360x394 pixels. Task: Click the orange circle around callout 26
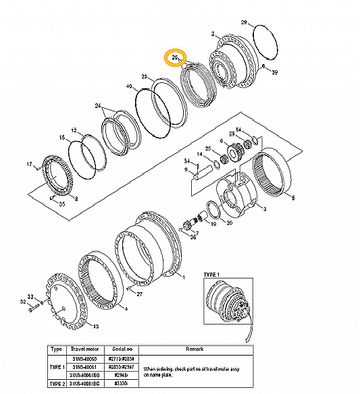(176, 59)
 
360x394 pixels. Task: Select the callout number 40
(129, 86)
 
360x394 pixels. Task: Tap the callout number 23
(144, 77)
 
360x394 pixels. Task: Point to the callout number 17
(29, 164)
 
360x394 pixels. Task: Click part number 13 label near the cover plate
(95, 327)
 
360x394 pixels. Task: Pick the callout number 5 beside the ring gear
(292, 198)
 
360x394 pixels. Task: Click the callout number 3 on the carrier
(264, 210)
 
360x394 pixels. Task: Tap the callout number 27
(139, 293)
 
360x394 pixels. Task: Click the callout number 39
(274, 72)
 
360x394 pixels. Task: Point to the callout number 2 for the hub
(213, 34)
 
